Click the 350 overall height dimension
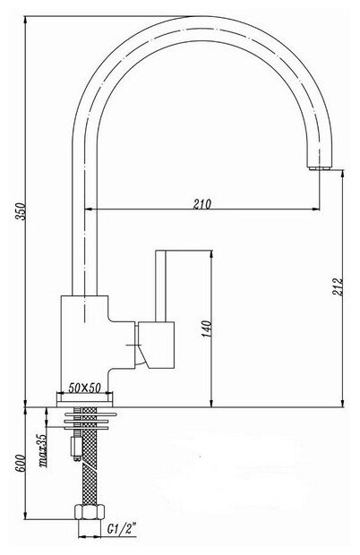click(x=22, y=211)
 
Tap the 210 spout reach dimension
click(x=202, y=204)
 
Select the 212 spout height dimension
click(x=338, y=287)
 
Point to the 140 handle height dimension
click(x=207, y=329)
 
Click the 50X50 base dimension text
click(x=85, y=388)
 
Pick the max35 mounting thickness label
click(x=43, y=450)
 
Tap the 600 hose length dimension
click(x=21, y=462)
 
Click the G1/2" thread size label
click(x=122, y=530)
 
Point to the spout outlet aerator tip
click(x=321, y=168)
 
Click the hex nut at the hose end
click(x=90, y=512)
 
